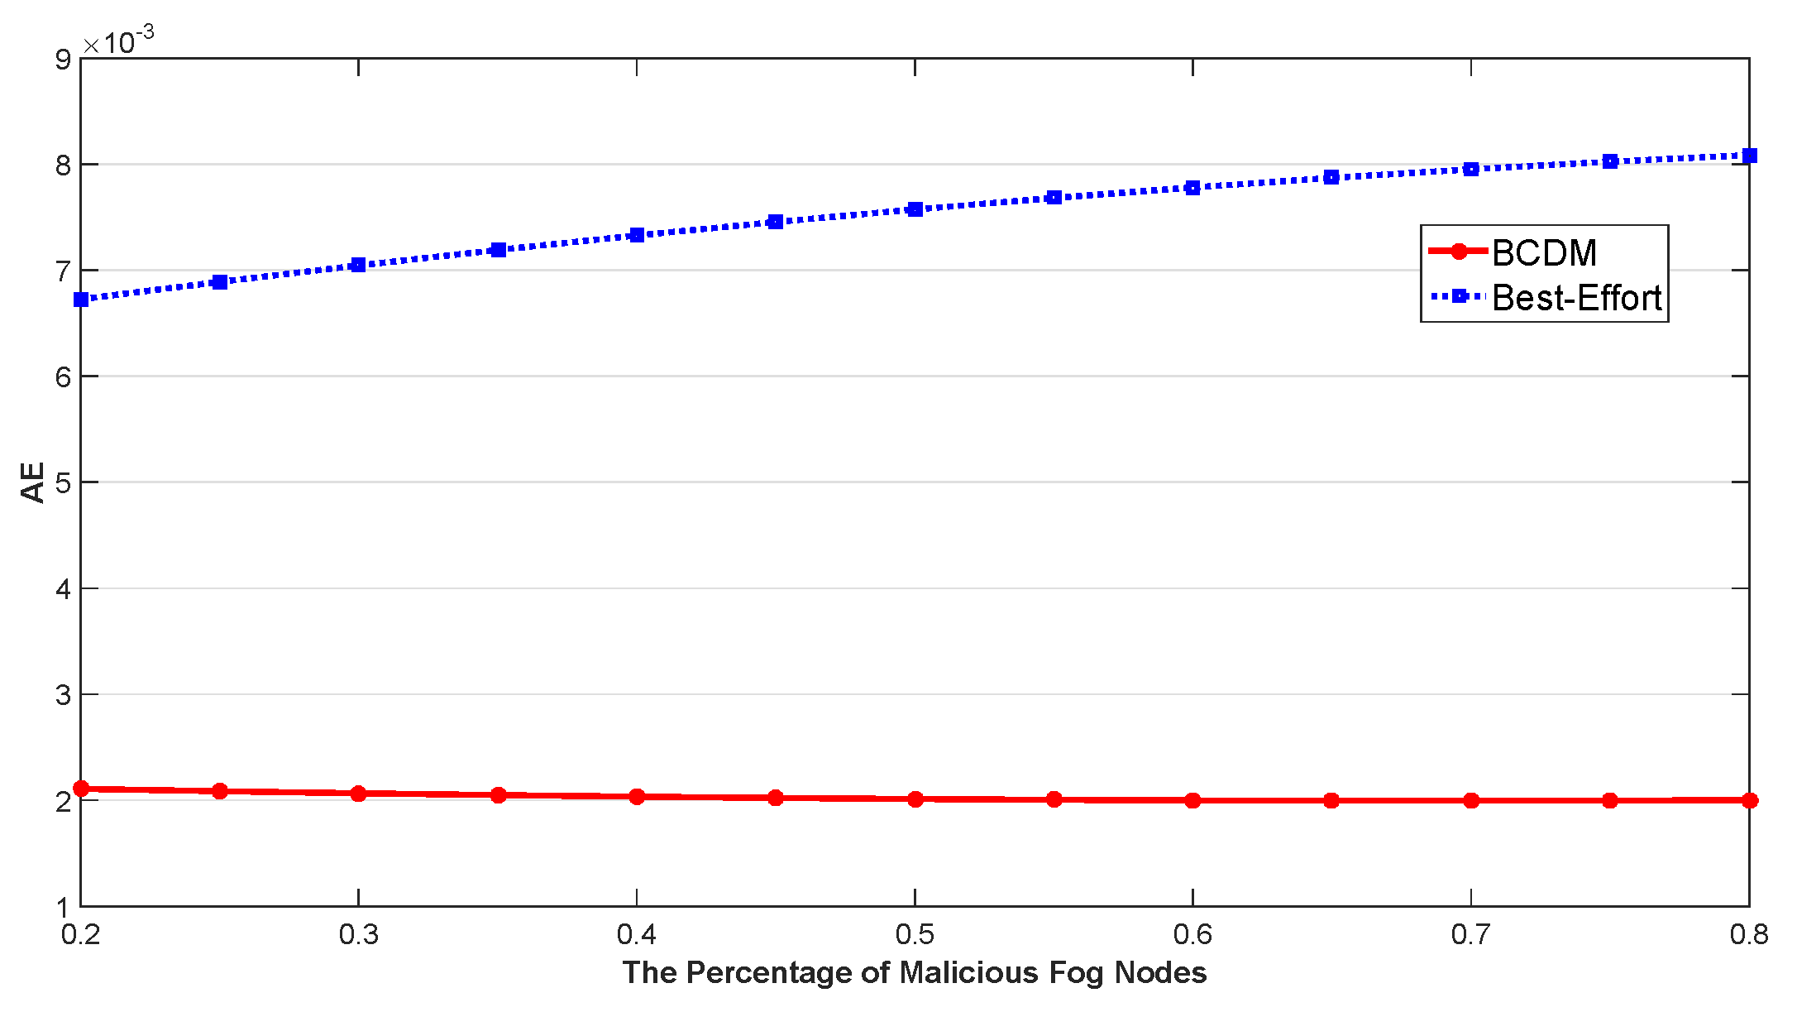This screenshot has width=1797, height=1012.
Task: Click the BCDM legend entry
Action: point(1543,252)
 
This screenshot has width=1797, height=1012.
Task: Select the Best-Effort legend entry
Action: point(1576,298)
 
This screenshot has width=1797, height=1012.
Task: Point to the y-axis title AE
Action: point(32,482)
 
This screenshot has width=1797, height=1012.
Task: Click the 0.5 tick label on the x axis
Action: point(915,935)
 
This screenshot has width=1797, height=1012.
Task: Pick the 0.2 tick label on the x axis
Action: point(81,935)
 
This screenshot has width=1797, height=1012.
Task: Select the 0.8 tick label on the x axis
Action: point(1748,935)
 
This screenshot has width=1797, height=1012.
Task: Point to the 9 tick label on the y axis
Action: point(64,60)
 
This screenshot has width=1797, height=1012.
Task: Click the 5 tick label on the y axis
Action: point(64,482)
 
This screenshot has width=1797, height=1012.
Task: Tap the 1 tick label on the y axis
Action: point(64,907)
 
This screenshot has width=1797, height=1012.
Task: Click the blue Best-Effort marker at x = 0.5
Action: point(915,209)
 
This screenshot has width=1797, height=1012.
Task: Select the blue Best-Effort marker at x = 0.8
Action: point(1749,156)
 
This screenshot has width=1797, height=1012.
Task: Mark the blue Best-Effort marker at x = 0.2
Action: point(81,300)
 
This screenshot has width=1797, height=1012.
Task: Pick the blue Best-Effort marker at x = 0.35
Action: point(498,250)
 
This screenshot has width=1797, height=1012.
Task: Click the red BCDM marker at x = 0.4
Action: point(637,797)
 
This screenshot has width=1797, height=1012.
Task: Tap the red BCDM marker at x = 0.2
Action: point(81,789)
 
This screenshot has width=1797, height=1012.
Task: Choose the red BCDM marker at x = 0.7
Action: point(1471,800)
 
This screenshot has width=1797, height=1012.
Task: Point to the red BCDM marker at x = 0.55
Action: point(1054,799)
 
